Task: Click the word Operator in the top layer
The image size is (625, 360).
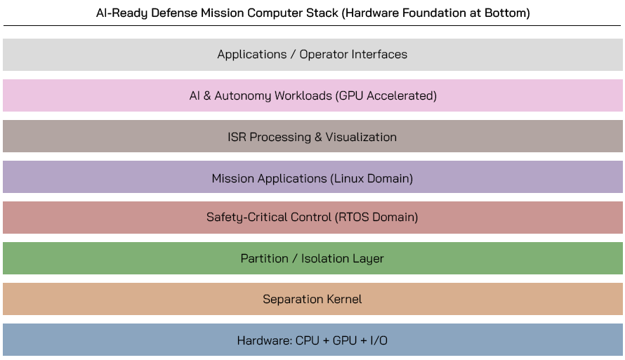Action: pos(325,54)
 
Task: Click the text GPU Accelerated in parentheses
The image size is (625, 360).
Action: pos(387,95)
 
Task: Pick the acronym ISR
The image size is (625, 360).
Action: pos(237,137)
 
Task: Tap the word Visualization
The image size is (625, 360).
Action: pos(360,137)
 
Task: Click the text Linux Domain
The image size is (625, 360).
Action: pos(371,178)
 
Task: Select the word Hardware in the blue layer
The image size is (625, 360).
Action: pos(263,340)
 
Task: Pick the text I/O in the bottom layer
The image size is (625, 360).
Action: pos(379,340)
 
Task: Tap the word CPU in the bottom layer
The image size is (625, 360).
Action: pos(308,340)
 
